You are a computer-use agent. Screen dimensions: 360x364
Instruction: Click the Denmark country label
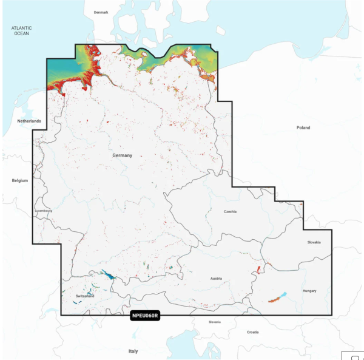pyautogui.click(x=101, y=12)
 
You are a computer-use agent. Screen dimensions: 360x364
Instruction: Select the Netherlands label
pyautogui.click(x=29, y=121)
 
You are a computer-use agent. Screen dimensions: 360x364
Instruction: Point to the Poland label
pyautogui.click(x=303, y=127)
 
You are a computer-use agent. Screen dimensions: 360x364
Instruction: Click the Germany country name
pyautogui.click(x=122, y=155)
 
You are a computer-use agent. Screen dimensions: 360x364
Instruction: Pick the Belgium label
pyautogui.click(x=20, y=181)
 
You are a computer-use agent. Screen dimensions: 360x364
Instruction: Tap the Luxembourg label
pyautogui.click(x=44, y=211)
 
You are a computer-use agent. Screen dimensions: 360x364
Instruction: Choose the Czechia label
pyautogui.click(x=230, y=212)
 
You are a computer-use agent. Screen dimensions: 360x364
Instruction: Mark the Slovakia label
pyautogui.click(x=314, y=242)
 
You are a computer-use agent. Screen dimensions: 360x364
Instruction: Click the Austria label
pyautogui.click(x=216, y=279)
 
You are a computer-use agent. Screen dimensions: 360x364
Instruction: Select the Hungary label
pyautogui.click(x=309, y=291)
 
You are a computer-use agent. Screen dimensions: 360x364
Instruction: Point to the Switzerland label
pyautogui.click(x=85, y=296)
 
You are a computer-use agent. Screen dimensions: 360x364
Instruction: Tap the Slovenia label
pyautogui.click(x=214, y=322)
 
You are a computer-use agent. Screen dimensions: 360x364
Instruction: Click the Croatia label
pyautogui.click(x=252, y=332)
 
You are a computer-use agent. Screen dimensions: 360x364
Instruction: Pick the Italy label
pyautogui.click(x=133, y=351)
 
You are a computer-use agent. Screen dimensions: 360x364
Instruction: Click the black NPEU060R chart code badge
pyautogui.click(x=144, y=316)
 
